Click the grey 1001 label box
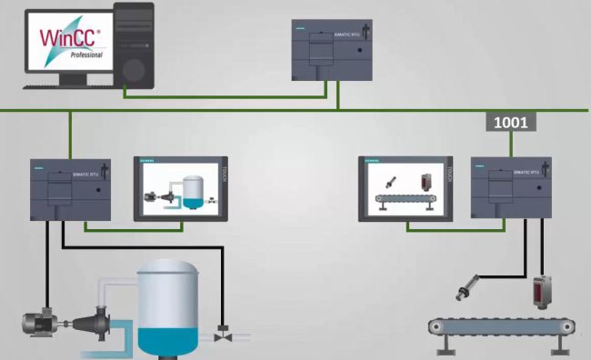pos(510,121)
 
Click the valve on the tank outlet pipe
pos(221,335)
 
